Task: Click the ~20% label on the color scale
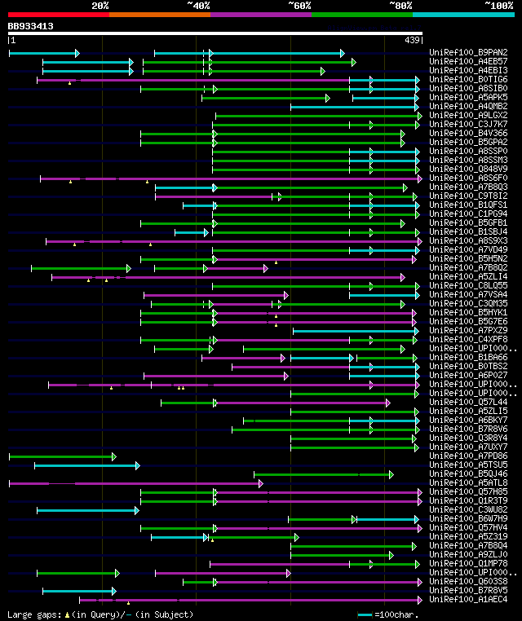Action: [x=100, y=5]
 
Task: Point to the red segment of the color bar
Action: [x=58, y=15]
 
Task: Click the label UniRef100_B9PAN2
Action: [x=468, y=53]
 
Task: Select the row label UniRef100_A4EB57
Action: [x=468, y=62]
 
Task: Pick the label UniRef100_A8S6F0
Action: [x=468, y=178]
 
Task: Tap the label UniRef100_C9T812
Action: [x=468, y=196]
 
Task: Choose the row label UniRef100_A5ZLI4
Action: [x=468, y=277]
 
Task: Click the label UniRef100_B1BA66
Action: [x=468, y=358]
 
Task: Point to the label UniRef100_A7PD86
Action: [x=468, y=456]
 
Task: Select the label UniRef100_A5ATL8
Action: [x=468, y=483]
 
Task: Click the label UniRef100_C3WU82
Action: [x=468, y=510]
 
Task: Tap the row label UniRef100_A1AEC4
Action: [x=468, y=600]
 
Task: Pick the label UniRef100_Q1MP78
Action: [x=468, y=564]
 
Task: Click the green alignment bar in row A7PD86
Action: [x=61, y=456]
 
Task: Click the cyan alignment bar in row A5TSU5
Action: [x=86, y=465]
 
